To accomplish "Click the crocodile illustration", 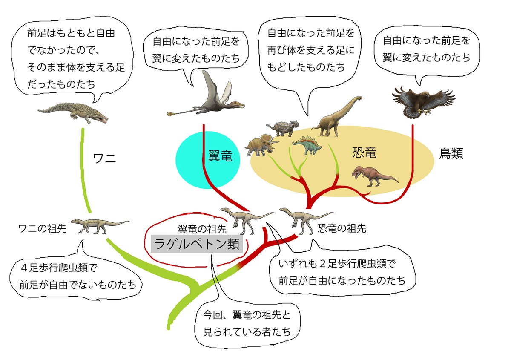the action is click(x=75, y=112).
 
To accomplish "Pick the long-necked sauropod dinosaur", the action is click(x=336, y=117).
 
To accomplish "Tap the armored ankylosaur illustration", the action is click(x=281, y=127).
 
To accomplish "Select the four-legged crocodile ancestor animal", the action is click(x=98, y=225).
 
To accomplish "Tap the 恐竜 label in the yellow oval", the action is click(x=365, y=153).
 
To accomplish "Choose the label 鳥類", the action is click(x=451, y=153).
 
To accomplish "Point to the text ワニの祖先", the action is click(x=42, y=228).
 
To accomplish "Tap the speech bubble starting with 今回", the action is click(x=247, y=324).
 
